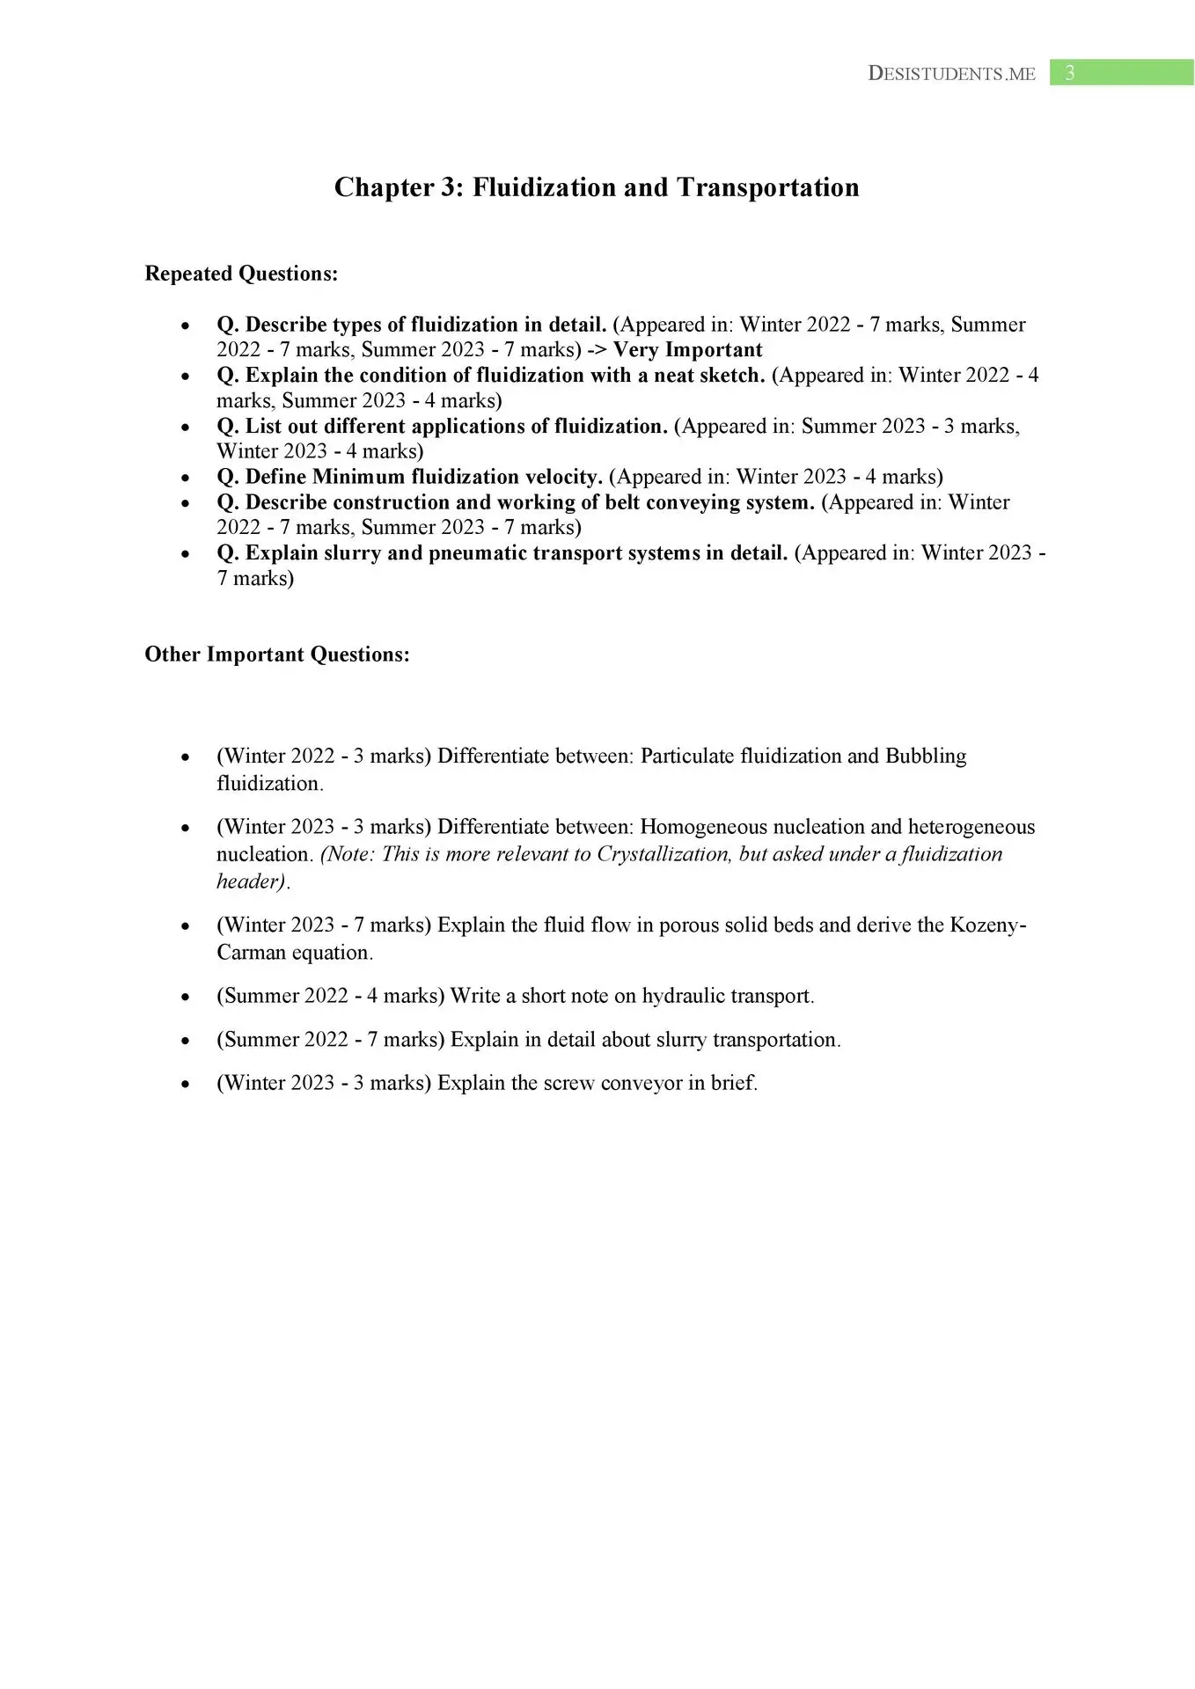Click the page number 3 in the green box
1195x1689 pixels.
tap(1069, 73)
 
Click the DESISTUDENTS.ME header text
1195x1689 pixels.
tap(951, 74)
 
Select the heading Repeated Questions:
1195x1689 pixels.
tap(241, 274)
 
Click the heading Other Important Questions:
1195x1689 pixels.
tap(277, 654)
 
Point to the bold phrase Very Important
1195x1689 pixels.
tap(687, 350)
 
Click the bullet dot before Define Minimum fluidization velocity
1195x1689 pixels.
tap(185, 479)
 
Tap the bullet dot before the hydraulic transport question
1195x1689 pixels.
tap(185, 998)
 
